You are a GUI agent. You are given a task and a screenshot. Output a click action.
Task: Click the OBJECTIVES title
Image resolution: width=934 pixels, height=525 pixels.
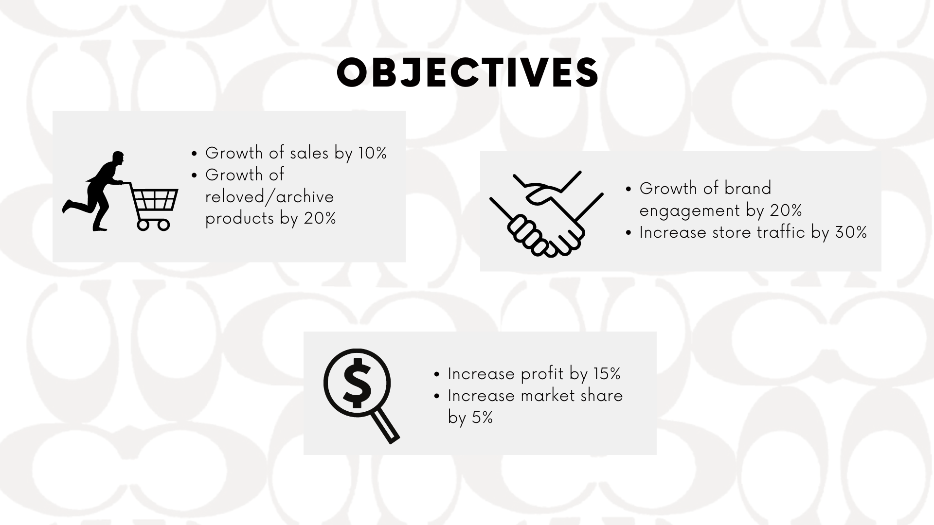pyautogui.click(x=467, y=73)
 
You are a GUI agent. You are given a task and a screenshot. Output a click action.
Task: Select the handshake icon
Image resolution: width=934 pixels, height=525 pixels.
pyautogui.click(x=546, y=214)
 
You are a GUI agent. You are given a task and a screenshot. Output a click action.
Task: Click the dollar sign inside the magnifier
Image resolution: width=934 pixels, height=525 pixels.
pyautogui.click(x=357, y=383)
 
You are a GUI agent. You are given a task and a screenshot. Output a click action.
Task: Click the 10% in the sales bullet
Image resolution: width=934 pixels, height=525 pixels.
pyautogui.click(x=372, y=153)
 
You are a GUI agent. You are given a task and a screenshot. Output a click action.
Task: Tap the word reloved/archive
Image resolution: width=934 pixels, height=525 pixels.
pyautogui.click(x=269, y=197)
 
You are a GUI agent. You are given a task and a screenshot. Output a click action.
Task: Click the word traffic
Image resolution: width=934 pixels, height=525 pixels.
pyautogui.click(x=781, y=232)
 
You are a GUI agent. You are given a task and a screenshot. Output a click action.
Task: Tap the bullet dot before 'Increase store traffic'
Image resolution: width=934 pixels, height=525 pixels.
pyautogui.click(x=629, y=233)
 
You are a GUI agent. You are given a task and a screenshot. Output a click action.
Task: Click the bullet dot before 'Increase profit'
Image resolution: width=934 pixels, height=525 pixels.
pyautogui.click(x=437, y=375)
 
